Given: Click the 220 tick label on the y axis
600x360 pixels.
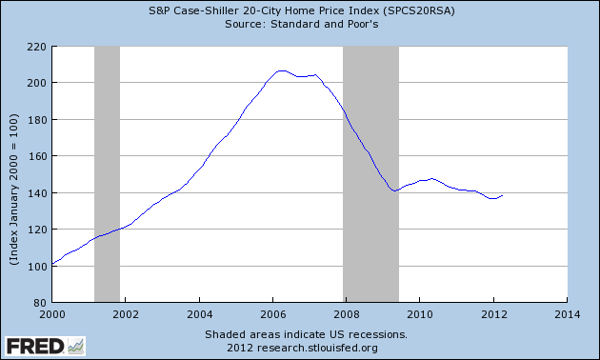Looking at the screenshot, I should pyautogui.click(x=36, y=46).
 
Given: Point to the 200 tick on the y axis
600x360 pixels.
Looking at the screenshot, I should pyautogui.click(x=36, y=83).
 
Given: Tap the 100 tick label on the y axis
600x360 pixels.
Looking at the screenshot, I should pyautogui.click(x=36, y=267).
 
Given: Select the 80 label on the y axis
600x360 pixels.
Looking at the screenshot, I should pyautogui.click(x=39, y=303).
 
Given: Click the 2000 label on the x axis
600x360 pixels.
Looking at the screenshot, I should pyautogui.click(x=51, y=312).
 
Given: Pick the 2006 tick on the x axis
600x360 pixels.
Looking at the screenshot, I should pyautogui.click(x=272, y=312).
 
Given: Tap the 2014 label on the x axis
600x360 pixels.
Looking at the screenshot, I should pyautogui.click(x=567, y=312).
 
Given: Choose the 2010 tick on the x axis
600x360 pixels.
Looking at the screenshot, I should pyautogui.click(x=420, y=312).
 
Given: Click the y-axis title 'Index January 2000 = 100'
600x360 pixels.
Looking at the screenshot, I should pyautogui.click(x=15, y=174).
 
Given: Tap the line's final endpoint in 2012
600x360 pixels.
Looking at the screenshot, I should pyautogui.click(x=502, y=195).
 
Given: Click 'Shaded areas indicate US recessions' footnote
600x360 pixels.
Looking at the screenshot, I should pyautogui.click(x=306, y=335).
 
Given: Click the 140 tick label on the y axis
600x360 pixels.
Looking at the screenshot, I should pyautogui.click(x=36, y=193).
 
